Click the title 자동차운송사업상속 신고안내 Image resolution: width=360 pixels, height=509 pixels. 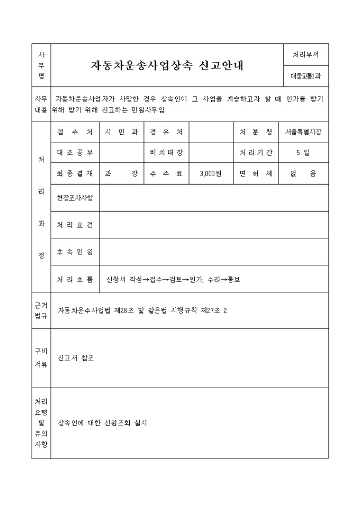pyautogui.click(x=168, y=66)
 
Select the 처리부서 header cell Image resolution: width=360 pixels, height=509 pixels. pyautogui.click(x=305, y=54)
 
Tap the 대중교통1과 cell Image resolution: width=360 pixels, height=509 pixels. pyautogui.click(x=305, y=76)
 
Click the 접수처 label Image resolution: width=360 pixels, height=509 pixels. pyautogui.click(x=75, y=132)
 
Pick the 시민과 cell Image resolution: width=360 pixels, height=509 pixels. pyautogui.click(x=121, y=132)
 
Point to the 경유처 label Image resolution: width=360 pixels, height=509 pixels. pyautogui.click(x=166, y=132)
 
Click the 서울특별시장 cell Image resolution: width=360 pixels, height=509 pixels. pyautogui.click(x=306, y=132)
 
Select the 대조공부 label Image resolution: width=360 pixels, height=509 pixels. pyautogui.click(x=75, y=152)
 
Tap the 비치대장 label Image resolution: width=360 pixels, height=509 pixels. pyautogui.click(x=166, y=152)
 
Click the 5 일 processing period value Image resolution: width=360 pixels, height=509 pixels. pyautogui.click(x=306, y=152)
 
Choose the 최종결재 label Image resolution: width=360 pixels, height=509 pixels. pyautogui.click(x=75, y=173)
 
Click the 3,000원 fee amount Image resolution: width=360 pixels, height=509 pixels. pyautogui.click(x=211, y=173)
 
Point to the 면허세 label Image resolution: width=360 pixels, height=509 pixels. pyautogui.click(x=255, y=173)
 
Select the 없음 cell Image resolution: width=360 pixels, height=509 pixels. pyautogui.click(x=306, y=173)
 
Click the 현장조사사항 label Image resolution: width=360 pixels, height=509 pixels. pyautogui.click(x=75, y=198)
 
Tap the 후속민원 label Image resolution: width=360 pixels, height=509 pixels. pyautogui.click(x=75, y=252)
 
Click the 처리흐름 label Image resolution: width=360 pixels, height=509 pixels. pyautogui.click(x=75, y=279)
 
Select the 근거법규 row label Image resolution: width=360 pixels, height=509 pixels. pyautogui.click(x=41, y=310)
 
